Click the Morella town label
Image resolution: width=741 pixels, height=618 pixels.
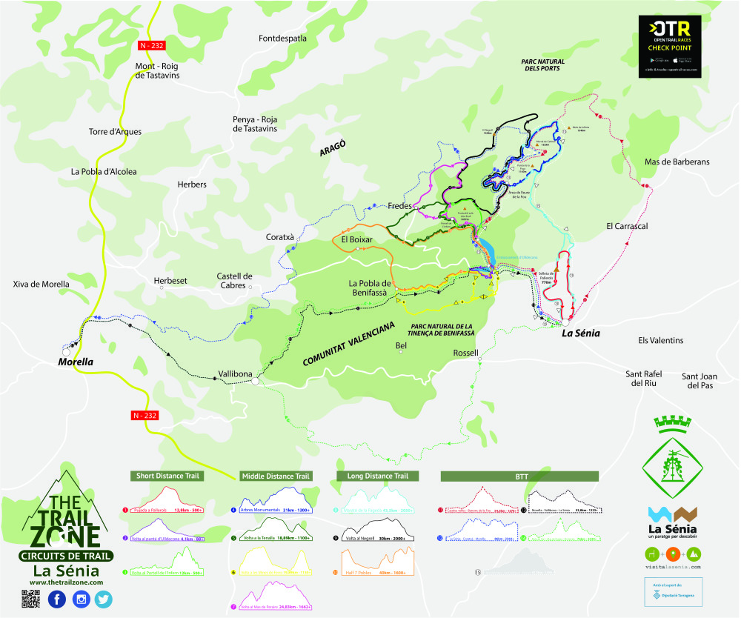point(76,362)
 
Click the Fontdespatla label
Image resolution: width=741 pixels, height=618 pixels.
point(282,38)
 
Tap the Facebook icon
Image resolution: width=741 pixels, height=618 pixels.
point(57,599)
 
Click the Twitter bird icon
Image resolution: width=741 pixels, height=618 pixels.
point(103,599)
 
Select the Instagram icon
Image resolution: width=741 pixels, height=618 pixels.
point(80,599)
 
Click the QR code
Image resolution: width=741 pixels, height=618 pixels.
point(30,599)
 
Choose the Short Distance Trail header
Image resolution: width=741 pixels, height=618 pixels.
point(167,476)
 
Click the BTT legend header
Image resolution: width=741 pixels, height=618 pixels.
point(519,476)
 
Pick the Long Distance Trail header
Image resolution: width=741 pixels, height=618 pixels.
point(377,476)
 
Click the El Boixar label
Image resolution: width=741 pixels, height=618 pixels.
point(356,240)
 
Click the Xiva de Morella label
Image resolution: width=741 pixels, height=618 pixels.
point(41,284)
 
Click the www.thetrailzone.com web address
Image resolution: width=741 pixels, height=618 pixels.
point(67,582)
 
